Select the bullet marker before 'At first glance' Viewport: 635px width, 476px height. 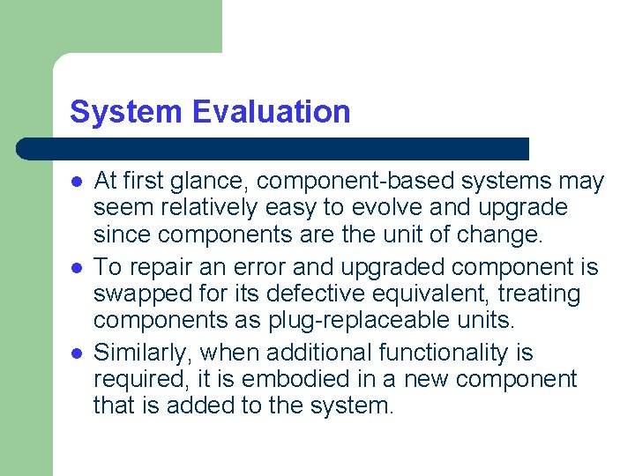[x=77, y=182]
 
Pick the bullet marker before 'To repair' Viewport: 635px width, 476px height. [x=77, y=267]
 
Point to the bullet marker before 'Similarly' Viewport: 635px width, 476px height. [x=77, y=353]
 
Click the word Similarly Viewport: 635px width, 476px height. [x=143, y=353]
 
